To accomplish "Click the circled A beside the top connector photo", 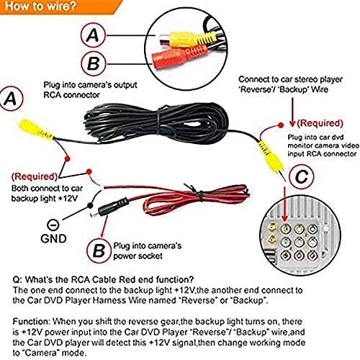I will [x=91, y=35].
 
